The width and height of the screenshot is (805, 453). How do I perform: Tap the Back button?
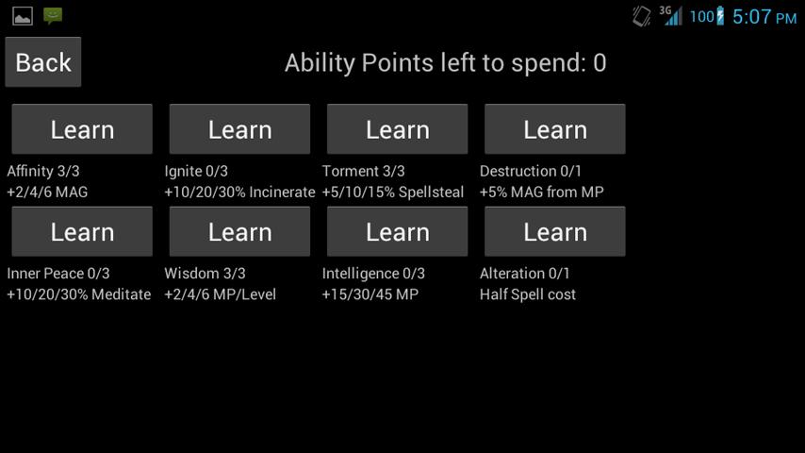(x=43, y=62)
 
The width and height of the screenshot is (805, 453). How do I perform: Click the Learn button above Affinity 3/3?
(x=82, y=129)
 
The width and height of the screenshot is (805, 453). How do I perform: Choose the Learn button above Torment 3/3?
(x=398, y=129)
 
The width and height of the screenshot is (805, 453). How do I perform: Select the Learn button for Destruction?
(x=555, y=129)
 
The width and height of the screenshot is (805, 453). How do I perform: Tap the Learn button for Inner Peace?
(x=82, y=231)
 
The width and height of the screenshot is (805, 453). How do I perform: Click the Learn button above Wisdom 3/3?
(x=239, y=231)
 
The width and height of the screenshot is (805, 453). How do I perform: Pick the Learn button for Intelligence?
(x=398, y=231)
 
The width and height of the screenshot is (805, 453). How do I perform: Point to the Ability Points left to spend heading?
(x=446, y=63)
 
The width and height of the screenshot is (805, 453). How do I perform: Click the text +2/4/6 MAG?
(x=47, y=193)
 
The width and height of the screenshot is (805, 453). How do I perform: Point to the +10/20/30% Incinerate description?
(x=239, y=193)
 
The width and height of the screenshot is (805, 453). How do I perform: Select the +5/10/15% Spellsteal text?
(x=393, y=193)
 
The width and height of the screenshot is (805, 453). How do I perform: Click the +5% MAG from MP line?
(x=542, y=193)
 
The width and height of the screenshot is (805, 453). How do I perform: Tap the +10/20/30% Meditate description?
(x=79, y=294)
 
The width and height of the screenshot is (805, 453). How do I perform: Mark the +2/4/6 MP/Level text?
(x=221, y=294)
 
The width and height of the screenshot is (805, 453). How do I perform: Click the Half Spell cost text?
(x=528, y=294)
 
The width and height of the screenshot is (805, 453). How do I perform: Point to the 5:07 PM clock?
(x=764, y=17)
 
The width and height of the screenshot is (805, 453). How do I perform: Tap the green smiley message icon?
(x=53, y=16)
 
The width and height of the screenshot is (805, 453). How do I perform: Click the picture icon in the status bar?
(x=23, y=16)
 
